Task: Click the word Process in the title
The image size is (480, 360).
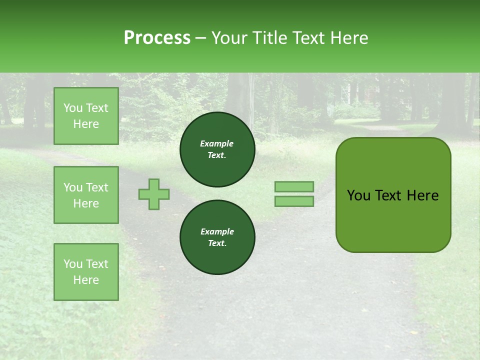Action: [x=157, y=38]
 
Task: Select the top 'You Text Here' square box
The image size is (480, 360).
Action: [x=86, y=116]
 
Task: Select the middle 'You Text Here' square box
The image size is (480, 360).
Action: [x=86, y=195]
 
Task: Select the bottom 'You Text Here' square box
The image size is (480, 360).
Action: [x=86, y=272]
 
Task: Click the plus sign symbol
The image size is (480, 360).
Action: [x=154, y=194]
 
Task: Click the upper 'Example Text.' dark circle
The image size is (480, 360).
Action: [x=217, y=149]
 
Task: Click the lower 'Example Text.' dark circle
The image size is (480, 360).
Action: [x=217, y=237]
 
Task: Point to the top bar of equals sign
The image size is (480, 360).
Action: [x=294, y=186]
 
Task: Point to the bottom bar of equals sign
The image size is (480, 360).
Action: [x=294, y=201]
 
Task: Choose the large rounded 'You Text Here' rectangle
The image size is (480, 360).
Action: [x=393, y=195]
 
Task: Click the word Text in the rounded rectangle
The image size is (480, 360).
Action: [x=388, y=195]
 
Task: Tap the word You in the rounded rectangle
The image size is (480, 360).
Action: [x=358, y=195]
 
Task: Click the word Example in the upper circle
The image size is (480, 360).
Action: [x=217, y=143]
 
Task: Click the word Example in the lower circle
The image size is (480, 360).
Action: [x=217, y=231]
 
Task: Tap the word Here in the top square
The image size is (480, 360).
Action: [x=86, y=124]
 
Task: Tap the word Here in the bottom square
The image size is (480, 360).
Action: [x=86, y=280]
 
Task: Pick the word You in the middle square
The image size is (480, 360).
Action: [x=73, y=187]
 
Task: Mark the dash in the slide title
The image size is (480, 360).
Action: [x=201, y=38]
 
